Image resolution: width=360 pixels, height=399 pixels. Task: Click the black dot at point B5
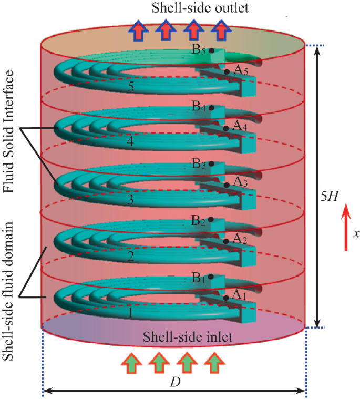(211, 50)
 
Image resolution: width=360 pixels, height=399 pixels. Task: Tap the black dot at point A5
(226, 71)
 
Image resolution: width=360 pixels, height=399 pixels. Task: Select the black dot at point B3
(211, 164)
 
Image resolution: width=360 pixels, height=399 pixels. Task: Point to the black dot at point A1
(225, 298)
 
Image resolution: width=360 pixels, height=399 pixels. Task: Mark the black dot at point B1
(211, 277)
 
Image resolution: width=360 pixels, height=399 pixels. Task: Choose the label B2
(198, 219)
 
